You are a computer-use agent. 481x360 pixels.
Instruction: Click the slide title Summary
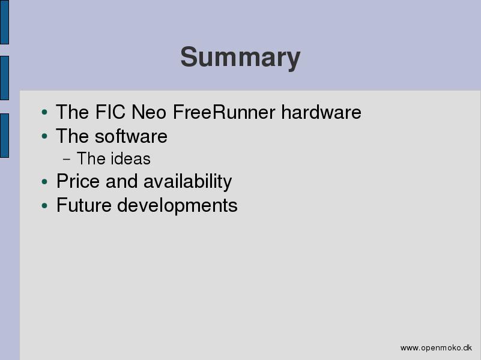[240, 57]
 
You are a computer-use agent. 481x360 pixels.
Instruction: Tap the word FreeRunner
[224, 112]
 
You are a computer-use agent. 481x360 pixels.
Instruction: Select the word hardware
[321, 112]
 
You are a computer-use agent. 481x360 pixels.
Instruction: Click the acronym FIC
[110, 112]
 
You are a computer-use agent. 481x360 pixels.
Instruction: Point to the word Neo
[149, 112]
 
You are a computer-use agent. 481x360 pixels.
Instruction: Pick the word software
[131, 136]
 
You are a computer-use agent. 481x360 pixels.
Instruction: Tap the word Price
[78, 181]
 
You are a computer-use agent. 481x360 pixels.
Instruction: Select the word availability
[188, 182]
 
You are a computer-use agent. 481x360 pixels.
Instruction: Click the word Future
[83, 205]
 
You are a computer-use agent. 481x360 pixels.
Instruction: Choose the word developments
[177, 206]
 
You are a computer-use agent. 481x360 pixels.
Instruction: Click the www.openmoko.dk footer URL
[436, 348]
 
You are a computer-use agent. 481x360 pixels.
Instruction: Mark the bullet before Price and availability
[44, 181]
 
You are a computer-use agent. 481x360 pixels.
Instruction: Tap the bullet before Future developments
[44, 205]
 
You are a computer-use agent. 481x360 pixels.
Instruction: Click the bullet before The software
[44, 136]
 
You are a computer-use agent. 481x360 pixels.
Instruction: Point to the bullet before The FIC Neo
[44, 112]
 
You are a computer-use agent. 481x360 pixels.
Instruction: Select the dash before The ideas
[66, 160]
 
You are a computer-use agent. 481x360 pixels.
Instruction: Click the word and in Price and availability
[121, 181]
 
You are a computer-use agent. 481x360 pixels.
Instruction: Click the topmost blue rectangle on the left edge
[4, 22]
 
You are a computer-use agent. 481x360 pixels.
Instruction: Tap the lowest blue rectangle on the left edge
[4, 136]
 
